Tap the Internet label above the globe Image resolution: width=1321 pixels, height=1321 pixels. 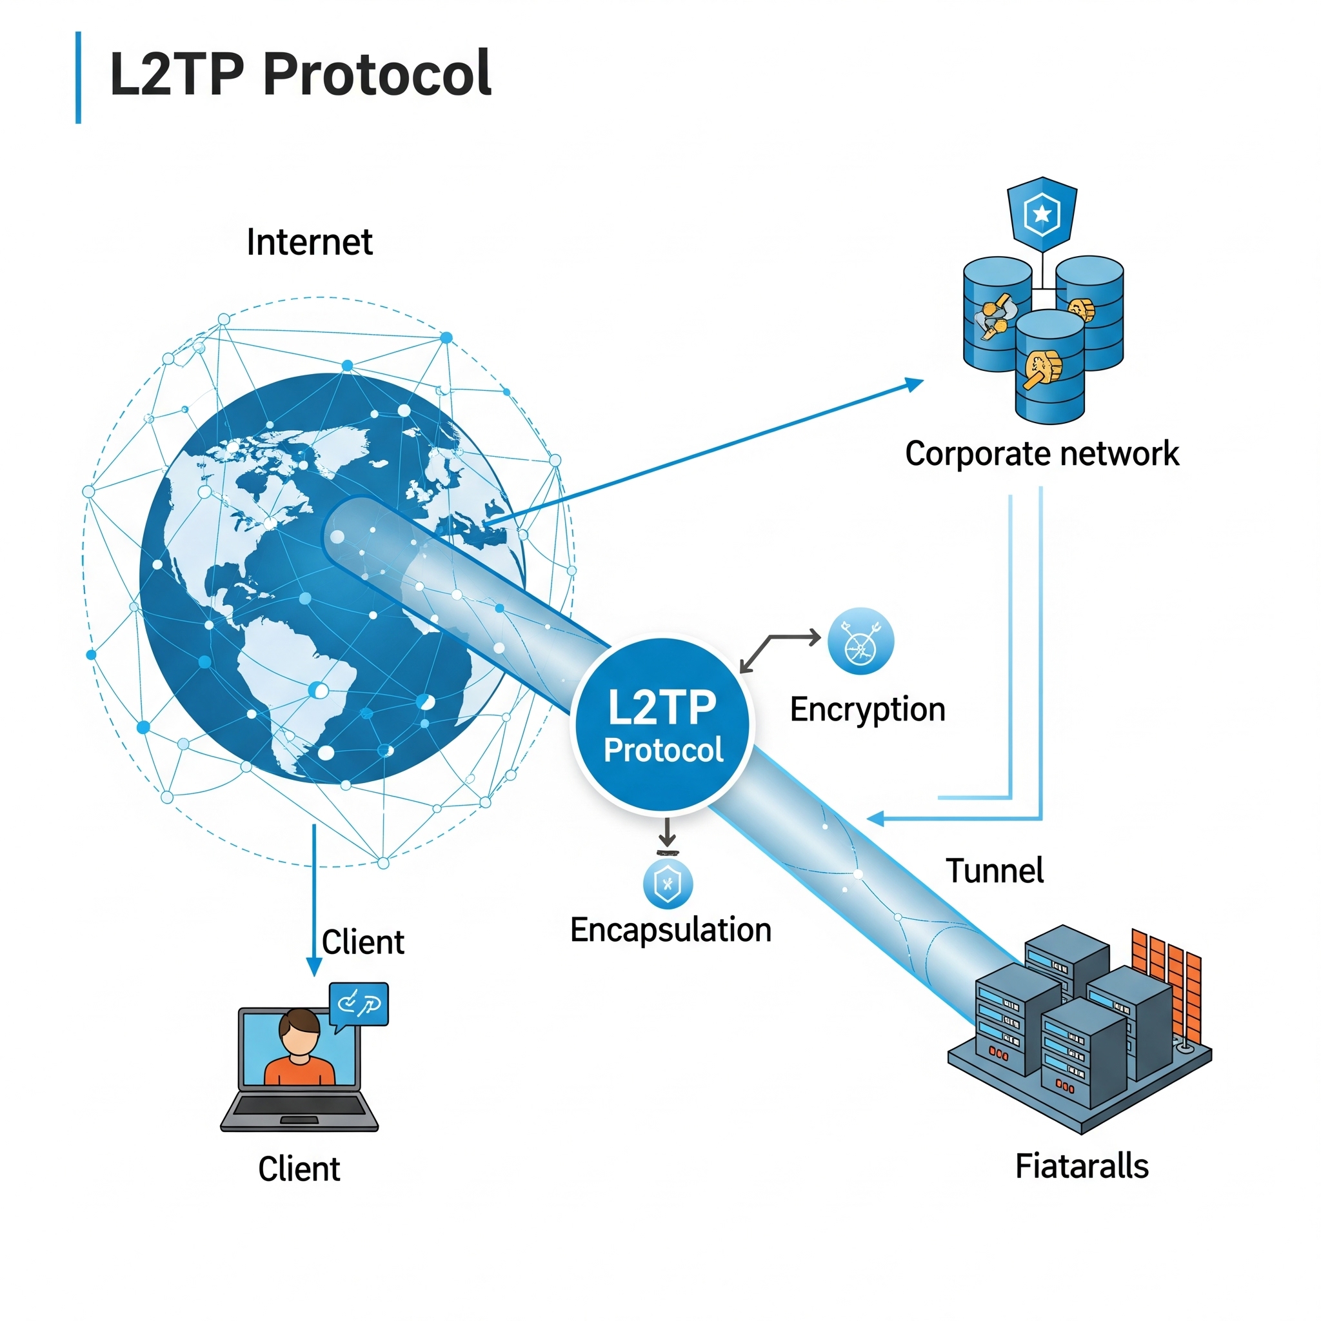pos(309,242)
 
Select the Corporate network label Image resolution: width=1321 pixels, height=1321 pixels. pos(1041,453)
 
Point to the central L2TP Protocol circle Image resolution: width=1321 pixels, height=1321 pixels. pos(662,726)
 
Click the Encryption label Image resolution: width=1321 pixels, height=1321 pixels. pos(867,710)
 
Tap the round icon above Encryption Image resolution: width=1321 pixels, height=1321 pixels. pos(860,641)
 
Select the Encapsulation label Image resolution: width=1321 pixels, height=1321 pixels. pos(671,930)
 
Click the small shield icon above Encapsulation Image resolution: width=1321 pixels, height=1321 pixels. pos(668,884)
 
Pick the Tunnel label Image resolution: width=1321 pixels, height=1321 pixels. pos(994,871)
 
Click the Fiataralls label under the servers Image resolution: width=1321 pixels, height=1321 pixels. pos(1082,1166)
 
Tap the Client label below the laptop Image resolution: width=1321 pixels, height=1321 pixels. pos(299,1169)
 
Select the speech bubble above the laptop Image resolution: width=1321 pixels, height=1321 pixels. pos(359,1004)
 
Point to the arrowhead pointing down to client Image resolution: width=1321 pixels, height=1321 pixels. pos(314,967)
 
